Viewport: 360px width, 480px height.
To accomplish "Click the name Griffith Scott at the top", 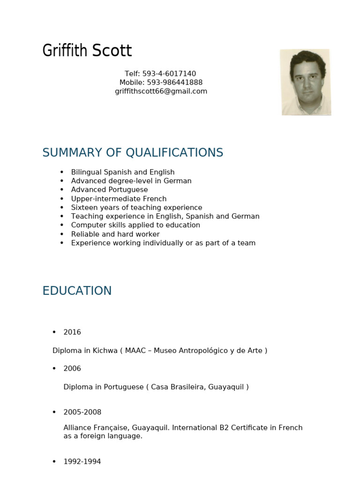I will click(x=87, y=51).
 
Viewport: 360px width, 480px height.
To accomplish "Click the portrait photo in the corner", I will click(x=305, y=82).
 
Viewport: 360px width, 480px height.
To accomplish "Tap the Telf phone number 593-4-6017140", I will click(x=169, y=74).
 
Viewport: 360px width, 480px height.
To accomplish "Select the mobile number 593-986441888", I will click(x=174, y=82).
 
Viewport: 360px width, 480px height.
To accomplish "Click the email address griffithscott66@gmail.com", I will click(x=161, y=91).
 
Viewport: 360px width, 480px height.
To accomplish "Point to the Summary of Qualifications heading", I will click(x=133, y=153).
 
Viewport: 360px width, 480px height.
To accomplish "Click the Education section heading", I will click(x=77, y=291).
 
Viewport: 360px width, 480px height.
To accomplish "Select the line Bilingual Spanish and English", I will click(x=123, y=172).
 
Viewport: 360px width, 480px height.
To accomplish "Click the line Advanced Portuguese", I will click(x=109, y=190).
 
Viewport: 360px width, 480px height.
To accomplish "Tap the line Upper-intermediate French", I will click(x=119, y=199).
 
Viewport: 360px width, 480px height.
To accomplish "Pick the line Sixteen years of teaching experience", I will click(x=136, y=208).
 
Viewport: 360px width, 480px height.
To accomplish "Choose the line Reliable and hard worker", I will click(x=115, y=234).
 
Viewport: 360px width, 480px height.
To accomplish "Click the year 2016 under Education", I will click(x=72, y=332).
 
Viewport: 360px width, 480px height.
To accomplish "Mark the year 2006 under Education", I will click(x=72, y=369).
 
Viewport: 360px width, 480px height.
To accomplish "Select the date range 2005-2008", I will click(x=82, y=412).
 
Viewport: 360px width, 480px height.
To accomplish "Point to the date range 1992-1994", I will click(x=82, y=462).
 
